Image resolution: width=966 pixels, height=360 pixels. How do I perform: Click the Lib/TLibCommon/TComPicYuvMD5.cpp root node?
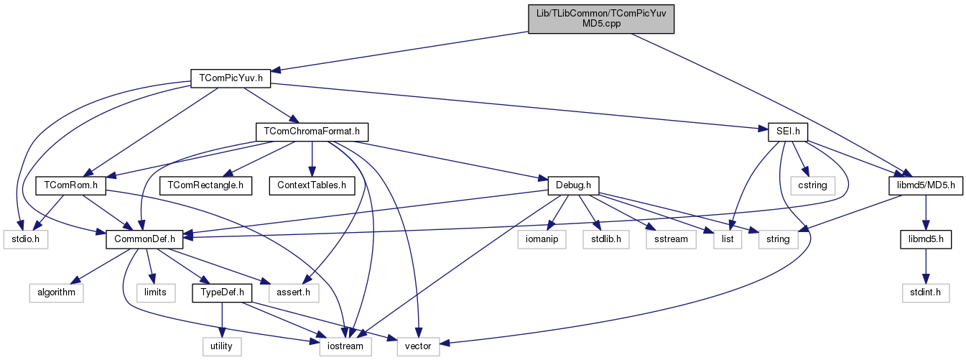click(601, 18)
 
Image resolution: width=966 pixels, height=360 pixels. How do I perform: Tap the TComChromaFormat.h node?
click(312, 131)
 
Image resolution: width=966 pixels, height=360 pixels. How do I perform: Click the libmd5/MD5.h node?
click(921, 185)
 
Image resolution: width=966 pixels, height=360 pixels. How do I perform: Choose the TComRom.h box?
click(71, 185)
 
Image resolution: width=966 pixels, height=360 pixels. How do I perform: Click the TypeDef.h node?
click(222, 292)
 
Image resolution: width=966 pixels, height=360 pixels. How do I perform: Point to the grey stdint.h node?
click(925, 292)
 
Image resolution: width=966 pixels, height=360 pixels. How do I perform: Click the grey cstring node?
click(818, 185)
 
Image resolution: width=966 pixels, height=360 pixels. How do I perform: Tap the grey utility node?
click(221, 346)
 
